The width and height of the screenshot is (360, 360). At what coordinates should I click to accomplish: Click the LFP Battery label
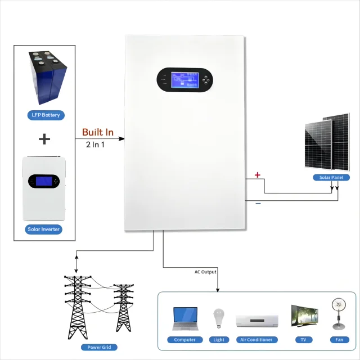click(x=45, y=115)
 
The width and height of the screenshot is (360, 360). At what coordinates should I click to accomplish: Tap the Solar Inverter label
click(x=44, y=229)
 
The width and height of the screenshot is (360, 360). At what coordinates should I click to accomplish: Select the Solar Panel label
click(x=331, y=177)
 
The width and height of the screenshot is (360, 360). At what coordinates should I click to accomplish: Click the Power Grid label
click(x=98, y=347)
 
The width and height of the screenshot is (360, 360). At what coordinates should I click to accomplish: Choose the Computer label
click(x=184, y=340)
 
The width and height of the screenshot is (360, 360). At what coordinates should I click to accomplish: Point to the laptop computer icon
click(x=185, y=318)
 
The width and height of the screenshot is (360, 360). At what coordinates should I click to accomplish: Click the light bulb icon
click(x=219, y=318)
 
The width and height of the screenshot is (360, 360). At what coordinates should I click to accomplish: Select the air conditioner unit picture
click(x=257, y=320)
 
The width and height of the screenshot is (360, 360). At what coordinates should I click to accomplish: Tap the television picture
click(x=304, y=317)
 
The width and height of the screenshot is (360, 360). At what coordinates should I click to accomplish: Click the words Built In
click(x=98, y=132)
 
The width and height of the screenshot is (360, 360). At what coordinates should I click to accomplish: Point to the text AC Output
click(x=205, y=272)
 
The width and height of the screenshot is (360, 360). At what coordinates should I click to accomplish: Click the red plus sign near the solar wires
click(x=258, y=175)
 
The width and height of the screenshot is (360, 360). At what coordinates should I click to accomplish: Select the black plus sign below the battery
click(x=44, y=139)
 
